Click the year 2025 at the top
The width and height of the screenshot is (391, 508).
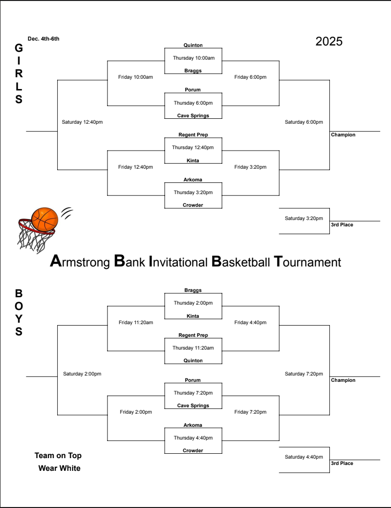click(329, 42)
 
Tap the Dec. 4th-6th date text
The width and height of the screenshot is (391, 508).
click(43, 39)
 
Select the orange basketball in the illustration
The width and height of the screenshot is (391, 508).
click(44, 220)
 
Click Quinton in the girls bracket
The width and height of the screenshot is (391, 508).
click(193, 45)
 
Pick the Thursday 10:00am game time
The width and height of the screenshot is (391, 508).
click(194, 58)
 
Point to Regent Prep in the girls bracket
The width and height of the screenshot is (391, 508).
click(193, 135)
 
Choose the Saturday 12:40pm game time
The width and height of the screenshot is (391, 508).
click(82, 122)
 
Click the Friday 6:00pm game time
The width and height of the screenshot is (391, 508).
click(250, 77)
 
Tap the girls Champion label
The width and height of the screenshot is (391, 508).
click(343, 135)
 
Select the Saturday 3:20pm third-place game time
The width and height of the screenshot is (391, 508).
click(304, 218)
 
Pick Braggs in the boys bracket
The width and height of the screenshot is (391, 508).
click(193, 290)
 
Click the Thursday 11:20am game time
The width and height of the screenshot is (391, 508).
click(193, 348)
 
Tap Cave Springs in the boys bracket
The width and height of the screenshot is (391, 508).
click(193, 406)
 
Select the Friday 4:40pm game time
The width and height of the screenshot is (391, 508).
click(250, 323)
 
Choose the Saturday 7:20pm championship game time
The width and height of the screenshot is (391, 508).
click(304, 374)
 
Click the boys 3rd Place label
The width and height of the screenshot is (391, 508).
click(342, 464)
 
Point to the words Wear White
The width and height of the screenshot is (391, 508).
click(59, 468)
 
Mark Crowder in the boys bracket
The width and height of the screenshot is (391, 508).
click(193, 451)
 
